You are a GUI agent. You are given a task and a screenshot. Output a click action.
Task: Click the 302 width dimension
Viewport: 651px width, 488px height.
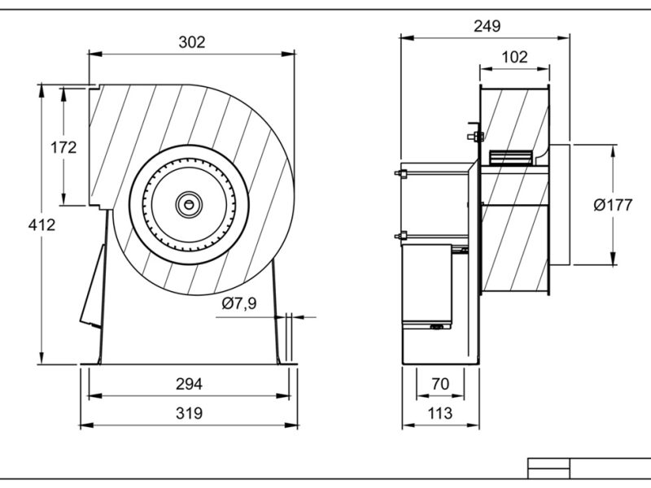click(192, 42)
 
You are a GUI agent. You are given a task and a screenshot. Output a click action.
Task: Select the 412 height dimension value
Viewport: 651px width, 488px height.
click(42, 225)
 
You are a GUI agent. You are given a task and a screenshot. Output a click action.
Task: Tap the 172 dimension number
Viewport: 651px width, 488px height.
click(63, 147)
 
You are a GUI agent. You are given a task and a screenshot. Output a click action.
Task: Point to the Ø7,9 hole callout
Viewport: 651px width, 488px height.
click(239, 303)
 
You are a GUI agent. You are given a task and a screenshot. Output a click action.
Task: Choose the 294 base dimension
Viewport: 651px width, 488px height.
click(189, 384)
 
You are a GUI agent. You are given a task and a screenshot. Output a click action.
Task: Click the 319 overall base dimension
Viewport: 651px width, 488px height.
click(189, 413)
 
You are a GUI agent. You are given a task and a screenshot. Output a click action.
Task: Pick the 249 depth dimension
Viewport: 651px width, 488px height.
click(487, 26)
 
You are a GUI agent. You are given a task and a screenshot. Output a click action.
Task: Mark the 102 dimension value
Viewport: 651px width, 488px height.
click(514, 57)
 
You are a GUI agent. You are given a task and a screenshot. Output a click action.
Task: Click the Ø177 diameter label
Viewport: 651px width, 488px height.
click(613, 205)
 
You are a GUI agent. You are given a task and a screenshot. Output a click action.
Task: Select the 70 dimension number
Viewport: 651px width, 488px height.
click(440, 384)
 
